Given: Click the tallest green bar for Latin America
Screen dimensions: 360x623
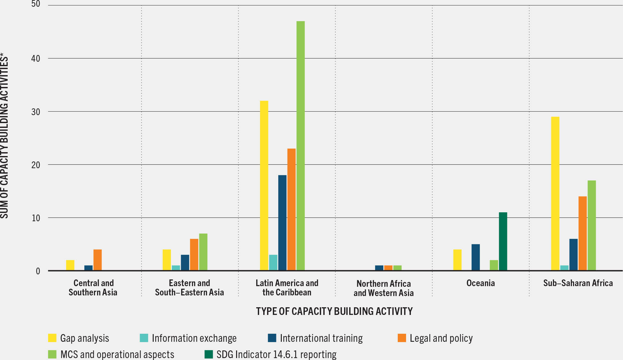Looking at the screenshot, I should [300, 146].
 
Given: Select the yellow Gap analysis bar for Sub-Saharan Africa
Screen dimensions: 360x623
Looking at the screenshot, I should [555, 194].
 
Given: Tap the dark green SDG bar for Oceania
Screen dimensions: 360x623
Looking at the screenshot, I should [503, 241].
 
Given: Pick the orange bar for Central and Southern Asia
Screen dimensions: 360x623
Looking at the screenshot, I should [97, 260].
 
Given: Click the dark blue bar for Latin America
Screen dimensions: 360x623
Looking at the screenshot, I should [282, 223].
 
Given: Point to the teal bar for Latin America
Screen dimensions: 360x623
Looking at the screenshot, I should [273, 262].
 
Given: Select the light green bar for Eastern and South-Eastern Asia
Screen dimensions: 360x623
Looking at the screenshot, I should [203, 252].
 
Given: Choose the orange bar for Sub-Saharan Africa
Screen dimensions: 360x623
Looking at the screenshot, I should [582, 233].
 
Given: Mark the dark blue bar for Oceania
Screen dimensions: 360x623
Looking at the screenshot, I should [475, 257].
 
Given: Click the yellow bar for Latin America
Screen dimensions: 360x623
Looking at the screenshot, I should [264, 185].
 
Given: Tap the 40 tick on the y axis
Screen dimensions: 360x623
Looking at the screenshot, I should [36, 59].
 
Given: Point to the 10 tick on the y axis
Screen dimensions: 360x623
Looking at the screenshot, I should [36, 218].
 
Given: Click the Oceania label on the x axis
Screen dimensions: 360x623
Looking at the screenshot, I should [481, 283].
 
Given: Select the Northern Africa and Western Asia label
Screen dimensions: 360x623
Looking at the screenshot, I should [383, 288].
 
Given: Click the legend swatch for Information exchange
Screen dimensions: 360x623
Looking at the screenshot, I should [144, 338].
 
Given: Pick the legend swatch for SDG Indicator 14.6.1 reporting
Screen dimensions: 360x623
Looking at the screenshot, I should [209, 354].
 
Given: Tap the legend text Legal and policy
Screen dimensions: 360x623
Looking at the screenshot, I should [441, 338].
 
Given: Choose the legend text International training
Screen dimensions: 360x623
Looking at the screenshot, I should [321, 338].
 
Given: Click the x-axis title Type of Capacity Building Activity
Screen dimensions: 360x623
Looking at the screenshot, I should [334, 311].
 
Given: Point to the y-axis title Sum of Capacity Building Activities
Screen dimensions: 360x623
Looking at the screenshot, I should [4, 137].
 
